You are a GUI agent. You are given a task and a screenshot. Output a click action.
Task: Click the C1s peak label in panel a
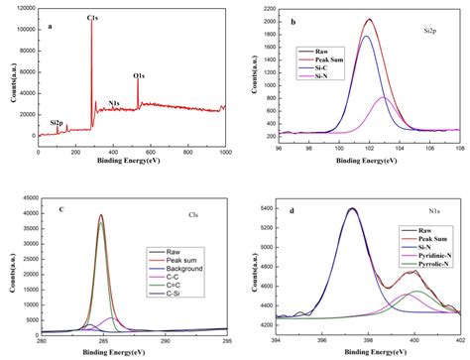pos(92,19)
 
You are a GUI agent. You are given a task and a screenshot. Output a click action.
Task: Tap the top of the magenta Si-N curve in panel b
pos(383,97)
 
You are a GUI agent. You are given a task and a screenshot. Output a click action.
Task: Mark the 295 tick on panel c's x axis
pos(227,341)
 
